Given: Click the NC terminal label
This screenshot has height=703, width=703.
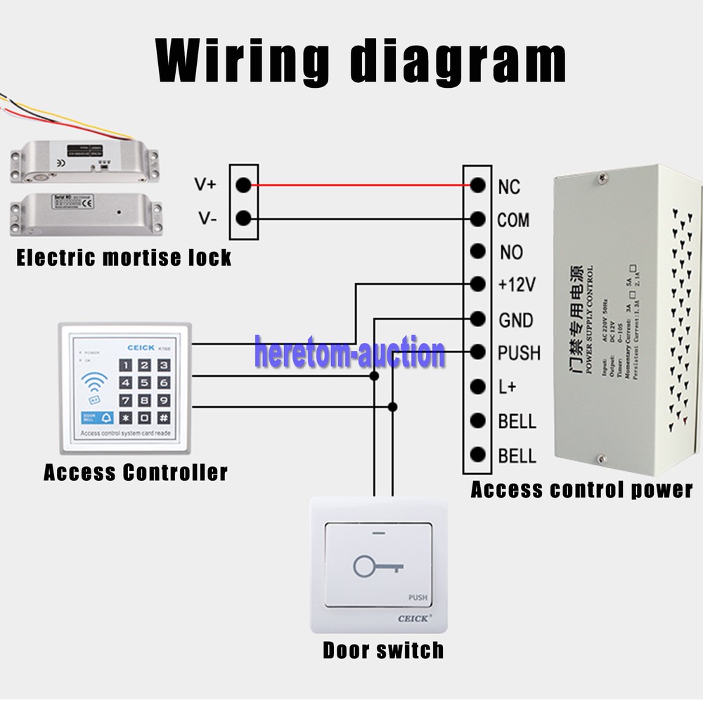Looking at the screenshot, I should click(x=508, y=186).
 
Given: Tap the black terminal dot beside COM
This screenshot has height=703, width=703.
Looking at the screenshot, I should click(x=478, y=219).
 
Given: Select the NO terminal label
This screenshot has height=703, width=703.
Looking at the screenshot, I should click(x=512, y=252).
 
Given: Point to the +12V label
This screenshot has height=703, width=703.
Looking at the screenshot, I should click(x=517, y=285).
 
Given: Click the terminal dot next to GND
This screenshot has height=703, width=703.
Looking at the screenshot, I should click(x=478, y=318).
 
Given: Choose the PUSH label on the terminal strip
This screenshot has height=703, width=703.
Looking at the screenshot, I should click(x=520, y=352).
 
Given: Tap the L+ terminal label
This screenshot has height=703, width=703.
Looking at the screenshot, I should click(x=508, y=387).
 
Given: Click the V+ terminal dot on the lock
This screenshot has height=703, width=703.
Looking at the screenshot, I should click(x=243, y=185).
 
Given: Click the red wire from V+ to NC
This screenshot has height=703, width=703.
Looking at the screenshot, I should click(x=359, y=186).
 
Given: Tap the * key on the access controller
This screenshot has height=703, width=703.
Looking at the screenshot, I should click(x=125, y=418).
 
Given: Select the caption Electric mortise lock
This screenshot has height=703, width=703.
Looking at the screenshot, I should click(x=124, y=257).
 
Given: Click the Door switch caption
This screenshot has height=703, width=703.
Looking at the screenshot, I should click(x=383, y=650).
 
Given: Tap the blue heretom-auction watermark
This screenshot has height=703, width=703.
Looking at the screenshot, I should click(x=349, y=352).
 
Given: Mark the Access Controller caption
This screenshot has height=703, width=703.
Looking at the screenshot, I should click(x=136, y=472).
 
